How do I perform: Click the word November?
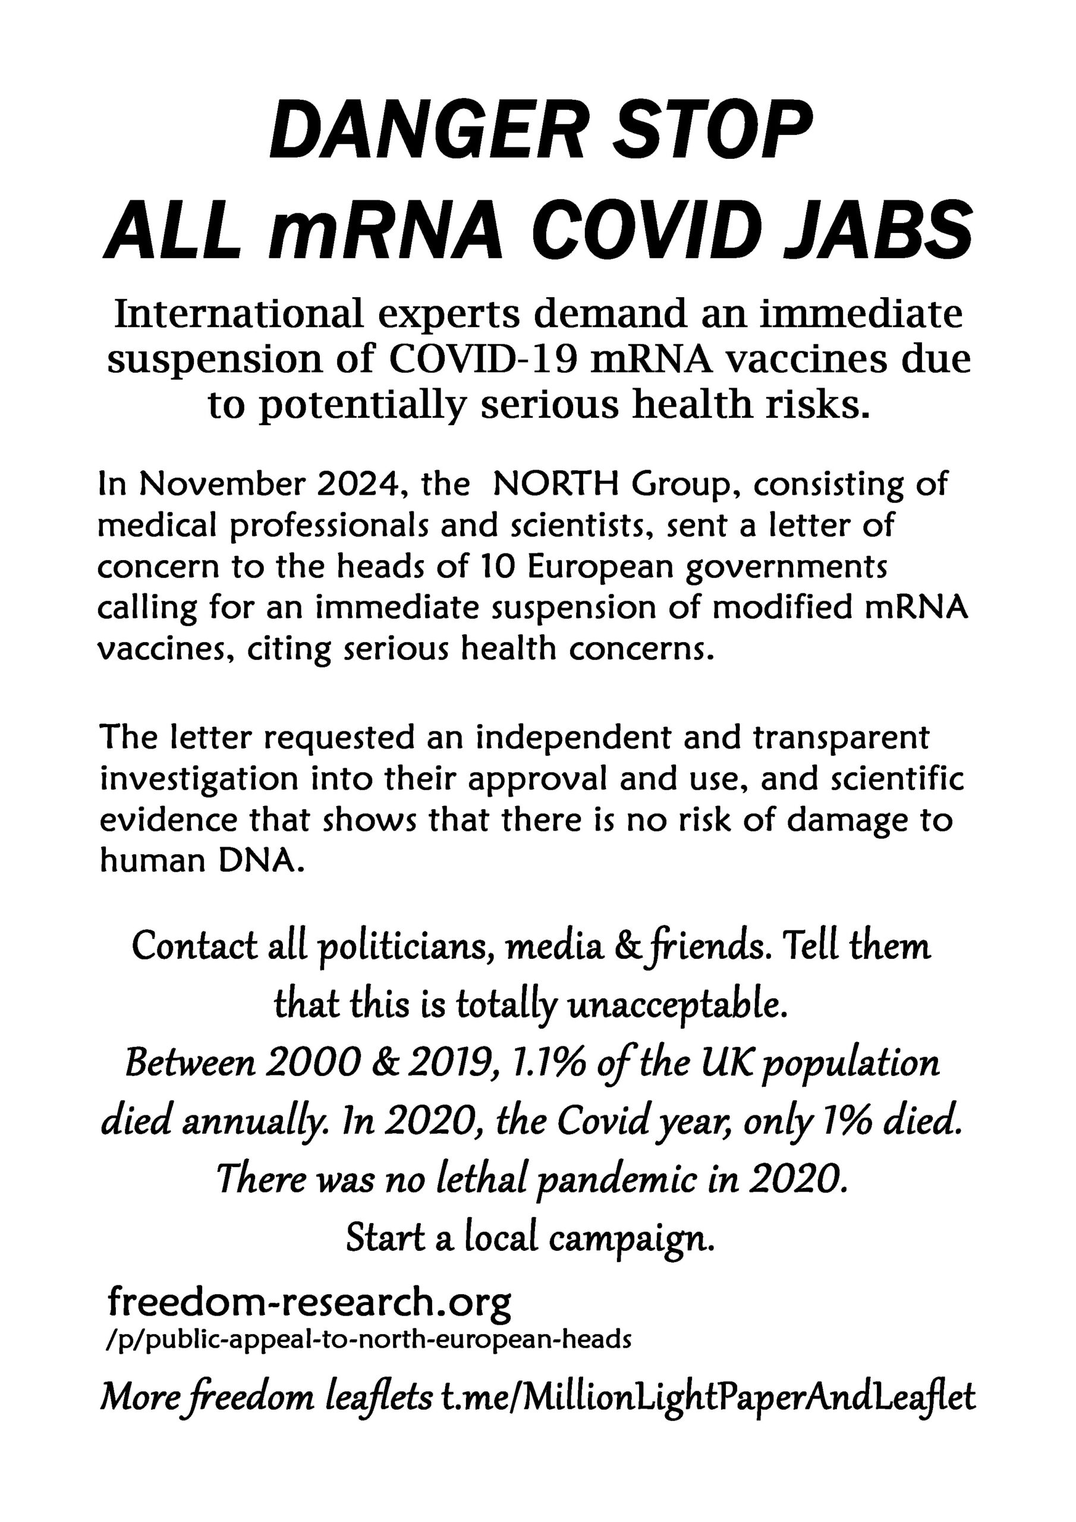pos(222,485)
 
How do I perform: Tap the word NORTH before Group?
pos(554,485)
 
